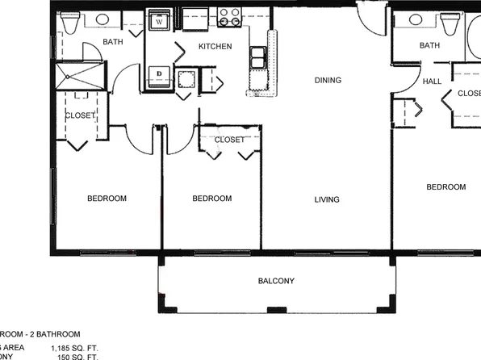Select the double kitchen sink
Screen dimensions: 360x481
(258, 57)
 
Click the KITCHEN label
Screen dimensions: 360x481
(215, 47)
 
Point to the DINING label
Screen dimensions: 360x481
(328, 80)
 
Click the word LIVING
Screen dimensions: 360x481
(327, 199)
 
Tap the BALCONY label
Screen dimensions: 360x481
(276, 281)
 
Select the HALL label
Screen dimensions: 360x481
(432, 82)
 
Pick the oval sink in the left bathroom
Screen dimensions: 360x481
(102, 19)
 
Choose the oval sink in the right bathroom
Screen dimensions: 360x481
(417, 19)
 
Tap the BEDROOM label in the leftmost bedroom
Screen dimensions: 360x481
(107, 199)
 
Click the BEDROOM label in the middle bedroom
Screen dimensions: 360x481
(212, 199)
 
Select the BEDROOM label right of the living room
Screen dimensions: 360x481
(446, 187)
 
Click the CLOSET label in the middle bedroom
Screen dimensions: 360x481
(229, 140)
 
